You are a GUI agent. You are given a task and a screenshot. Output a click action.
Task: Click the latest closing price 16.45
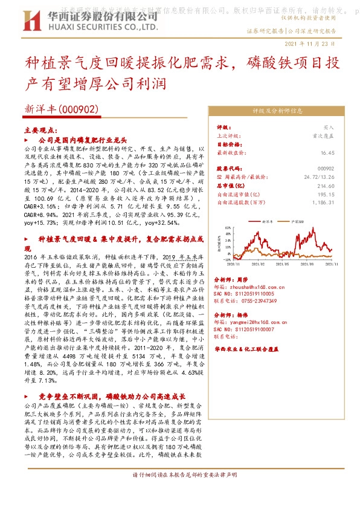tap(327, 153)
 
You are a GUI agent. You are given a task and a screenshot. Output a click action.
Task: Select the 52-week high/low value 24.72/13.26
tap(320, 177)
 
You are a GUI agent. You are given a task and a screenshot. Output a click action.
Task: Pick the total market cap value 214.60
tap(326, 186)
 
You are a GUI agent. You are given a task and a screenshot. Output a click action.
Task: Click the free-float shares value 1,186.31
tap(323, 203)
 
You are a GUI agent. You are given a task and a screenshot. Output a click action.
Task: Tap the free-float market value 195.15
tap(326, 194)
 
